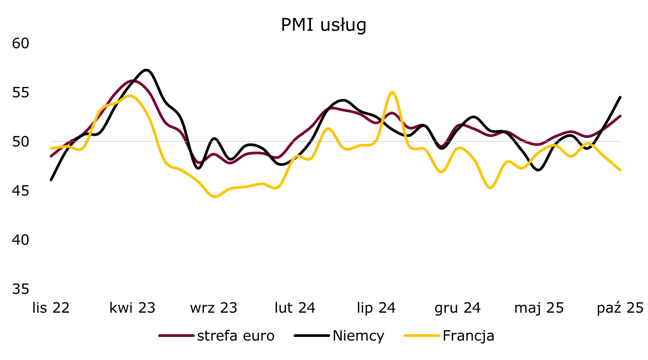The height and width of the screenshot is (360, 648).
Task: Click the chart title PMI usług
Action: pos(324,25)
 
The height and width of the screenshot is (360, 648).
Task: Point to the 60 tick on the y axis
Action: pos(20,43)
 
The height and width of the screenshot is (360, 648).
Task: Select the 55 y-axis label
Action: pos(20,93)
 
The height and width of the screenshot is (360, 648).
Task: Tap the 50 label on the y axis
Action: pos(20,142)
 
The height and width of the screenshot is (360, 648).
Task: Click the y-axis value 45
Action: pos(20,191)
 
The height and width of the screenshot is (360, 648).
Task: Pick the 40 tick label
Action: pos(20,240)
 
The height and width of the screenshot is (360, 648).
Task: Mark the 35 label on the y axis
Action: pos(20,289)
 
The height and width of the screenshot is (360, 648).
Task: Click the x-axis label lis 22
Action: pos(51,308)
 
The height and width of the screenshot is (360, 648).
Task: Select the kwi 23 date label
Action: pos(132,308)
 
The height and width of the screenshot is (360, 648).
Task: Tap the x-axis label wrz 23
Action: pos(214,308)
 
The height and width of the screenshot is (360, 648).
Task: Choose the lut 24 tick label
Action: pos(295,308)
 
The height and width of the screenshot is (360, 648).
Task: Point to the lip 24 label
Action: pos(376,308)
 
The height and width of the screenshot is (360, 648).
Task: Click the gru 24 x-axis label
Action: pos(458,308)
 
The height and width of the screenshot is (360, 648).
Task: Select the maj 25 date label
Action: pos(539,308)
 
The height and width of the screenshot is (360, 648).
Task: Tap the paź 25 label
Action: pos(620,308)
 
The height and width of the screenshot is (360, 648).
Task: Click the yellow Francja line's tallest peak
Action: pos(392,92)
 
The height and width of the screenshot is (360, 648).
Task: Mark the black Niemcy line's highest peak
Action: pos(147,70)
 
